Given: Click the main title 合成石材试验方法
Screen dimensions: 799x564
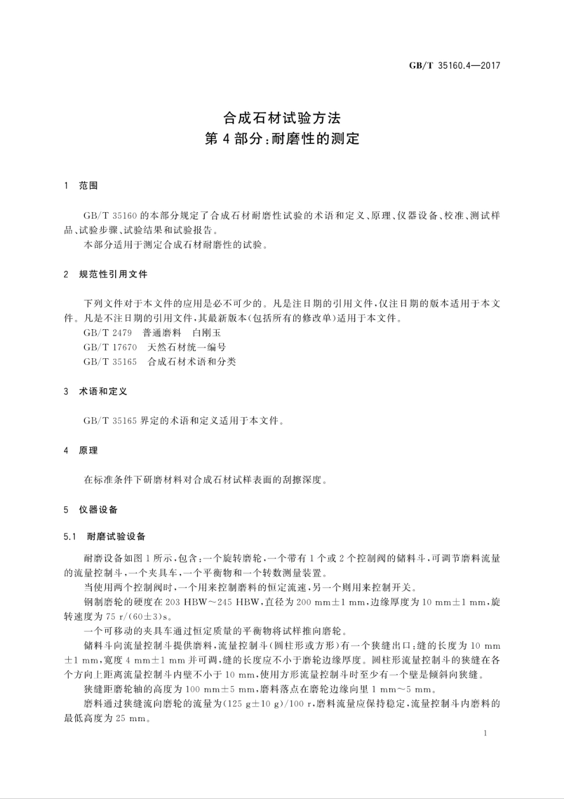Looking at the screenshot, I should (x=281, y=118).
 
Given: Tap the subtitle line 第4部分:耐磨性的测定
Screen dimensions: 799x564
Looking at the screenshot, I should (x=281, y=139).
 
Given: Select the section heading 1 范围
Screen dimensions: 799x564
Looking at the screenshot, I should (x=81, y=186).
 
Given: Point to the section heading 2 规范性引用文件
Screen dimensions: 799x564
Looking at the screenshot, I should (x=106, y=274).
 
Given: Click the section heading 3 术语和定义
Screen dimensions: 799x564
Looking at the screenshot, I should (x=96, y=391).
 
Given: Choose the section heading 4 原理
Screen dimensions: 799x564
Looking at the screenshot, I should (x=81, y=450).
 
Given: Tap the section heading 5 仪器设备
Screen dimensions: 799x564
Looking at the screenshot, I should (x=91, y=509).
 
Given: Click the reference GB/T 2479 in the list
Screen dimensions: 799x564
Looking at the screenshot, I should (x=107, y=333).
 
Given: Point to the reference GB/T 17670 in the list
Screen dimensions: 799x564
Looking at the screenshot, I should (x=110, y=347).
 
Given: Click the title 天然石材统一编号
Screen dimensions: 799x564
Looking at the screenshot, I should (x=186, y=347).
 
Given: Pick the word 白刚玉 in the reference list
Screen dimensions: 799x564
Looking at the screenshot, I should (x=207, y=333).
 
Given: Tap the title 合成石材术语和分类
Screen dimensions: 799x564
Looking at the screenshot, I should (x=191, y=361).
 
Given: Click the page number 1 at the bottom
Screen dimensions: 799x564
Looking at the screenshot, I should (x=485, y=733).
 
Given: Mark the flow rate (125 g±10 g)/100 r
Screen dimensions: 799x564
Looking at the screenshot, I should (x=263, y=704).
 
